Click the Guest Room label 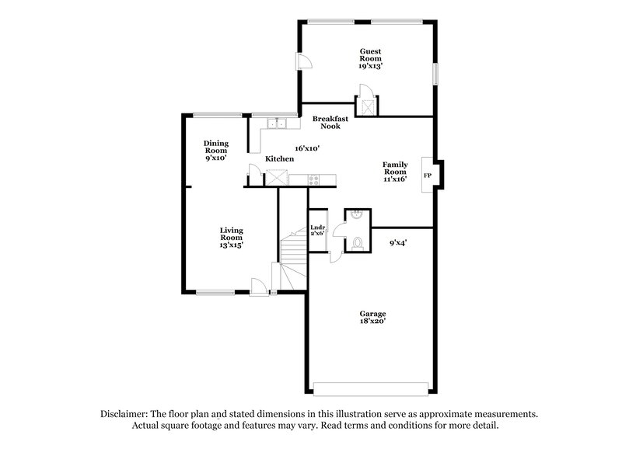click(369, 59)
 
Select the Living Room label click(232, 237)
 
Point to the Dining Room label click(215, 150)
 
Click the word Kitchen click(279, 158)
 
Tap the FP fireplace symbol click(428, 176)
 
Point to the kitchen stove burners click(315, 180)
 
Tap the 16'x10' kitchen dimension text click(307, 148)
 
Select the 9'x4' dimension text click(398, 243)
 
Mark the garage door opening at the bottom click(371, 386)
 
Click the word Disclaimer click(128, 414)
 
